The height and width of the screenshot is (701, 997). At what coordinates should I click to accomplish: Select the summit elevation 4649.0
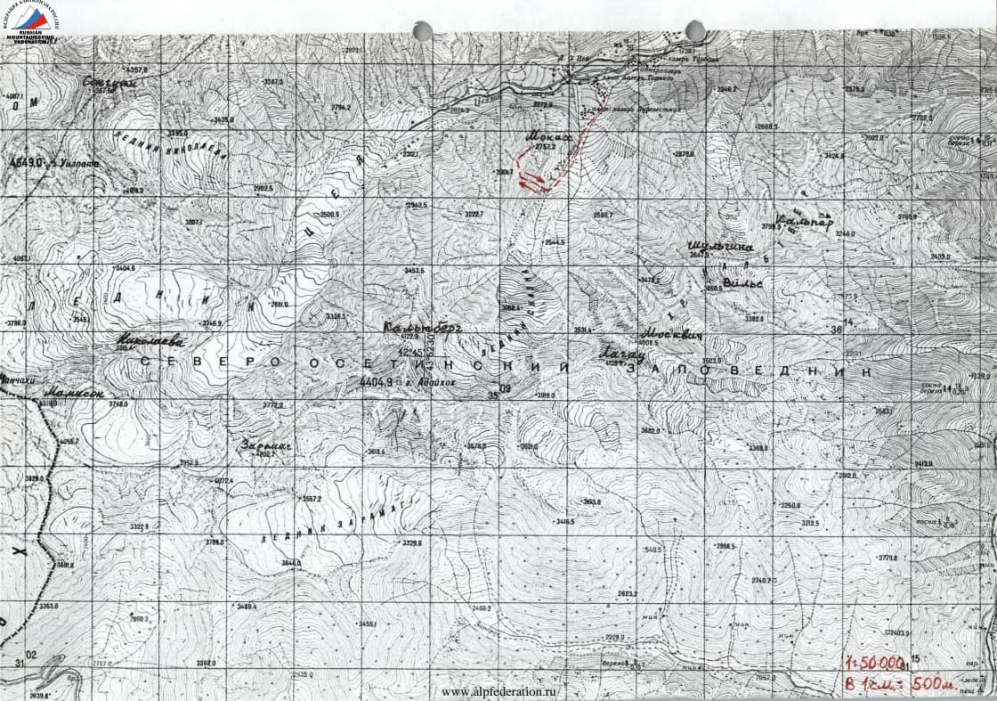[25, 164]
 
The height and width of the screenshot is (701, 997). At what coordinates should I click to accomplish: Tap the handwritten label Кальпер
[805, 221]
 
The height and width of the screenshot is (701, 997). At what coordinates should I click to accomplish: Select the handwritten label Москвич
[672, 334]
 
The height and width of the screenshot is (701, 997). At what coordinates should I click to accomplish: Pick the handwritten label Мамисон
[74, 392]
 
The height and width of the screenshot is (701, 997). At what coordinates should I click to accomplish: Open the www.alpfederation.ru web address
[504, 691]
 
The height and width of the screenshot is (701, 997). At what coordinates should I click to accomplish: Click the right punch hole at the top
[695, 30]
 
